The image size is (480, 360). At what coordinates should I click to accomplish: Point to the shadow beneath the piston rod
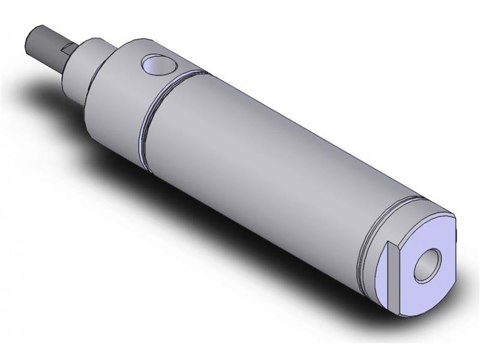(x=54, y=90)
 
